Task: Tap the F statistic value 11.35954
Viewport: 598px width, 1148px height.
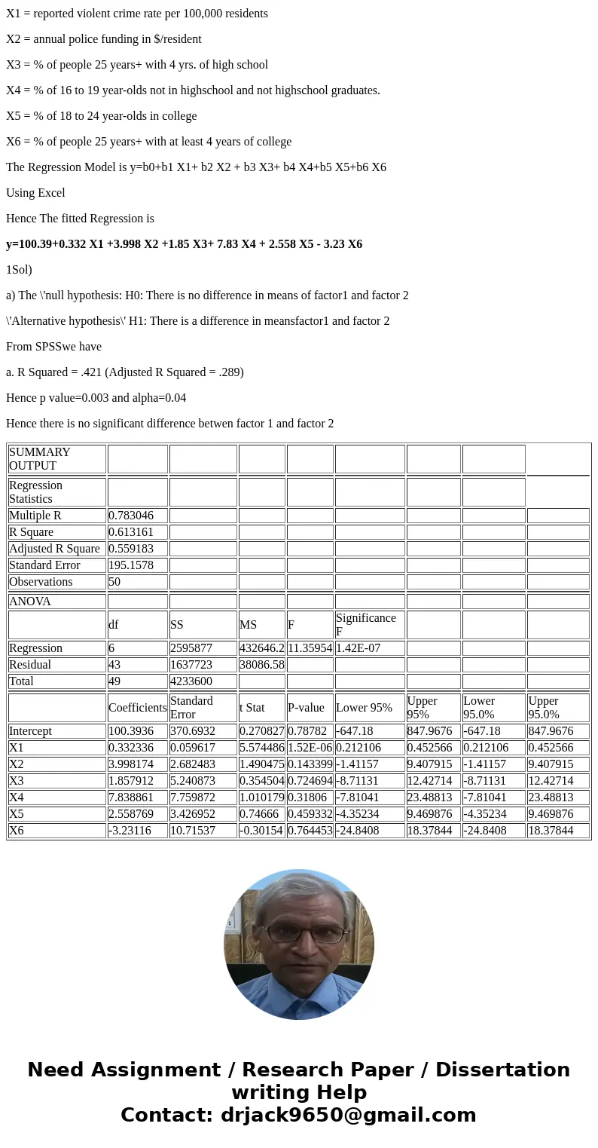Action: (310, 648)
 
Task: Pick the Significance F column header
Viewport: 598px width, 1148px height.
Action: (365, 624)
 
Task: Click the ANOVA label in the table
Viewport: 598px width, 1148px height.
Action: (30, 602)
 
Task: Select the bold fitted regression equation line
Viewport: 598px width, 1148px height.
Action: (184, 244)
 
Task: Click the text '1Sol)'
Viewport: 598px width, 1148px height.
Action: (19, 270)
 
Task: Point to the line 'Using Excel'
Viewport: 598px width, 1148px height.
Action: (35, 193)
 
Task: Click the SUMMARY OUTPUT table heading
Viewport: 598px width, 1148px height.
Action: (39, 459)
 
